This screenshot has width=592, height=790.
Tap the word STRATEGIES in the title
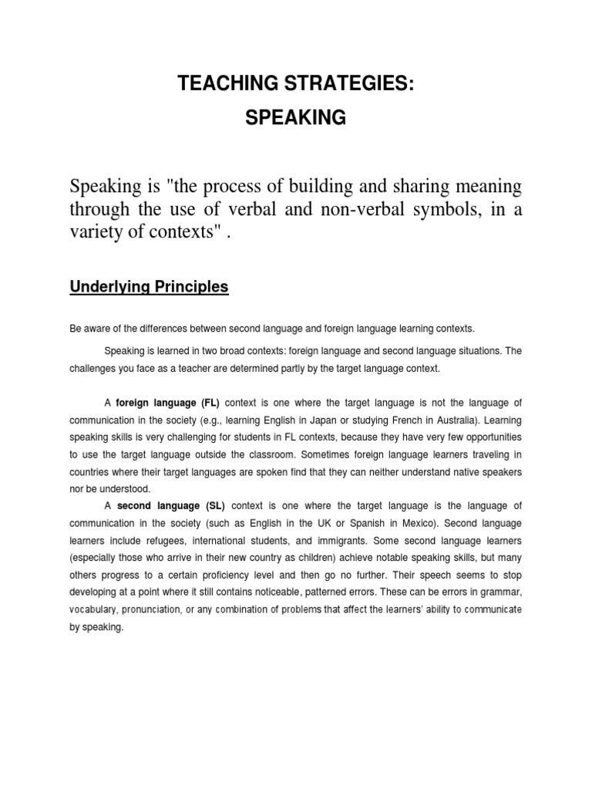pos(349,85)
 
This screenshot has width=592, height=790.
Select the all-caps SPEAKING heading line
pos(295,119)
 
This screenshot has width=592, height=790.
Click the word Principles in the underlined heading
pos(190,287)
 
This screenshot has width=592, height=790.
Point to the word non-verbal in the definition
pos(351,211)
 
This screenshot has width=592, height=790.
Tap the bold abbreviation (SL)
pos(212,506)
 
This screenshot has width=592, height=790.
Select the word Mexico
pos(415,523)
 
